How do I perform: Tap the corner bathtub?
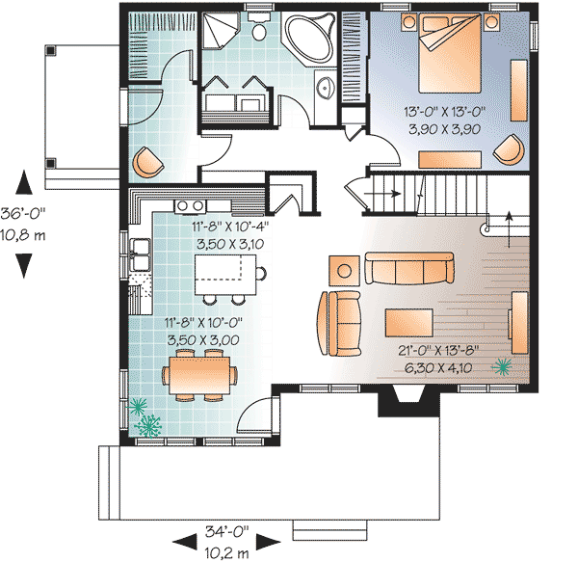[309, 40]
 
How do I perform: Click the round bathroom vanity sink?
[325, 90]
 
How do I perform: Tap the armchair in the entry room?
[147, 161]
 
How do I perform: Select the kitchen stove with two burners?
[189, 205]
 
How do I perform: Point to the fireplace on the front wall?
[403, 400]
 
